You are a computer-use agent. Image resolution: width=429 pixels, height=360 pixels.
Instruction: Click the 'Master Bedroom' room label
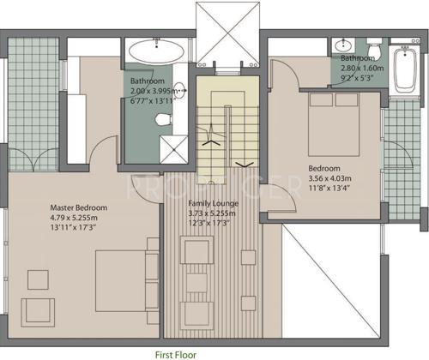click(x=78, y=207)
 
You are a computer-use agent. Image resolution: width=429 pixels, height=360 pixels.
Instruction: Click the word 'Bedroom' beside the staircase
click(x=324, y=168)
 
